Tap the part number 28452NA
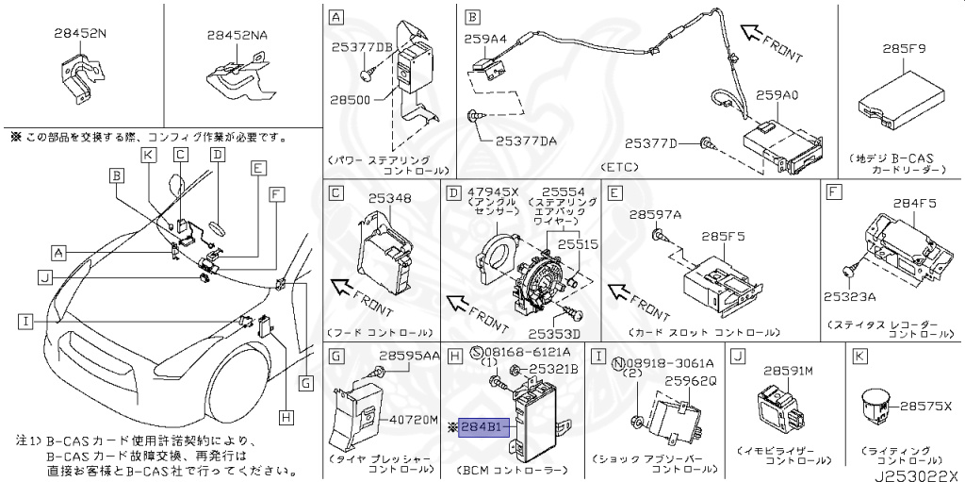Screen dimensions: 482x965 tap(237, 35)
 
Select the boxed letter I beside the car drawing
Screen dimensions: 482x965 tap(25, 321)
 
